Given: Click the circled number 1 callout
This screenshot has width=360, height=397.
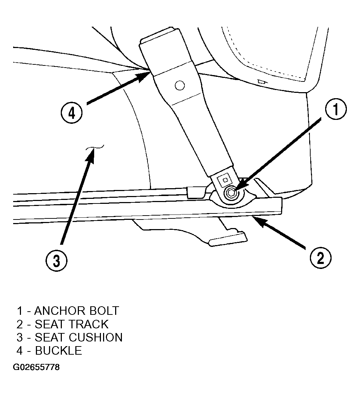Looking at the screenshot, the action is tap(336, 110).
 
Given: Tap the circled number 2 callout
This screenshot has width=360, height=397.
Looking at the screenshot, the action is tap(320, 258).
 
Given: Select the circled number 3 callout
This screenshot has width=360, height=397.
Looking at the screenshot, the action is tap(57, 260).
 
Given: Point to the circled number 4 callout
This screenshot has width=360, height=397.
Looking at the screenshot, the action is tap(71, 113).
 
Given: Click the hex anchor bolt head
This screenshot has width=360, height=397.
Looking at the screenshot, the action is tap(231, 193).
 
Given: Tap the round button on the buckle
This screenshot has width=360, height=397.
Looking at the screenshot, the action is tap(179, 86).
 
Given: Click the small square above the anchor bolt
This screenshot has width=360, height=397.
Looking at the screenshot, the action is tap(225, 180).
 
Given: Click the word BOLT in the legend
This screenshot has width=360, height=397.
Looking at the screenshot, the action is tap(104, 311).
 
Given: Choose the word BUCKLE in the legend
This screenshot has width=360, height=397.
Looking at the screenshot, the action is tap(58, 351).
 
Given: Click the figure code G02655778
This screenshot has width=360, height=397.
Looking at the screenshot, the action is tap(37, 367).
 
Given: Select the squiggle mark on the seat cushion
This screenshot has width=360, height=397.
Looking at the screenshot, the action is tap(95, 147).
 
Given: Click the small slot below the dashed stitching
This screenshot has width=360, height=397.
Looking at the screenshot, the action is tap(261, 81).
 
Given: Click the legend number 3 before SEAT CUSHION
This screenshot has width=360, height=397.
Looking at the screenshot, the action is tap(20, 337).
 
